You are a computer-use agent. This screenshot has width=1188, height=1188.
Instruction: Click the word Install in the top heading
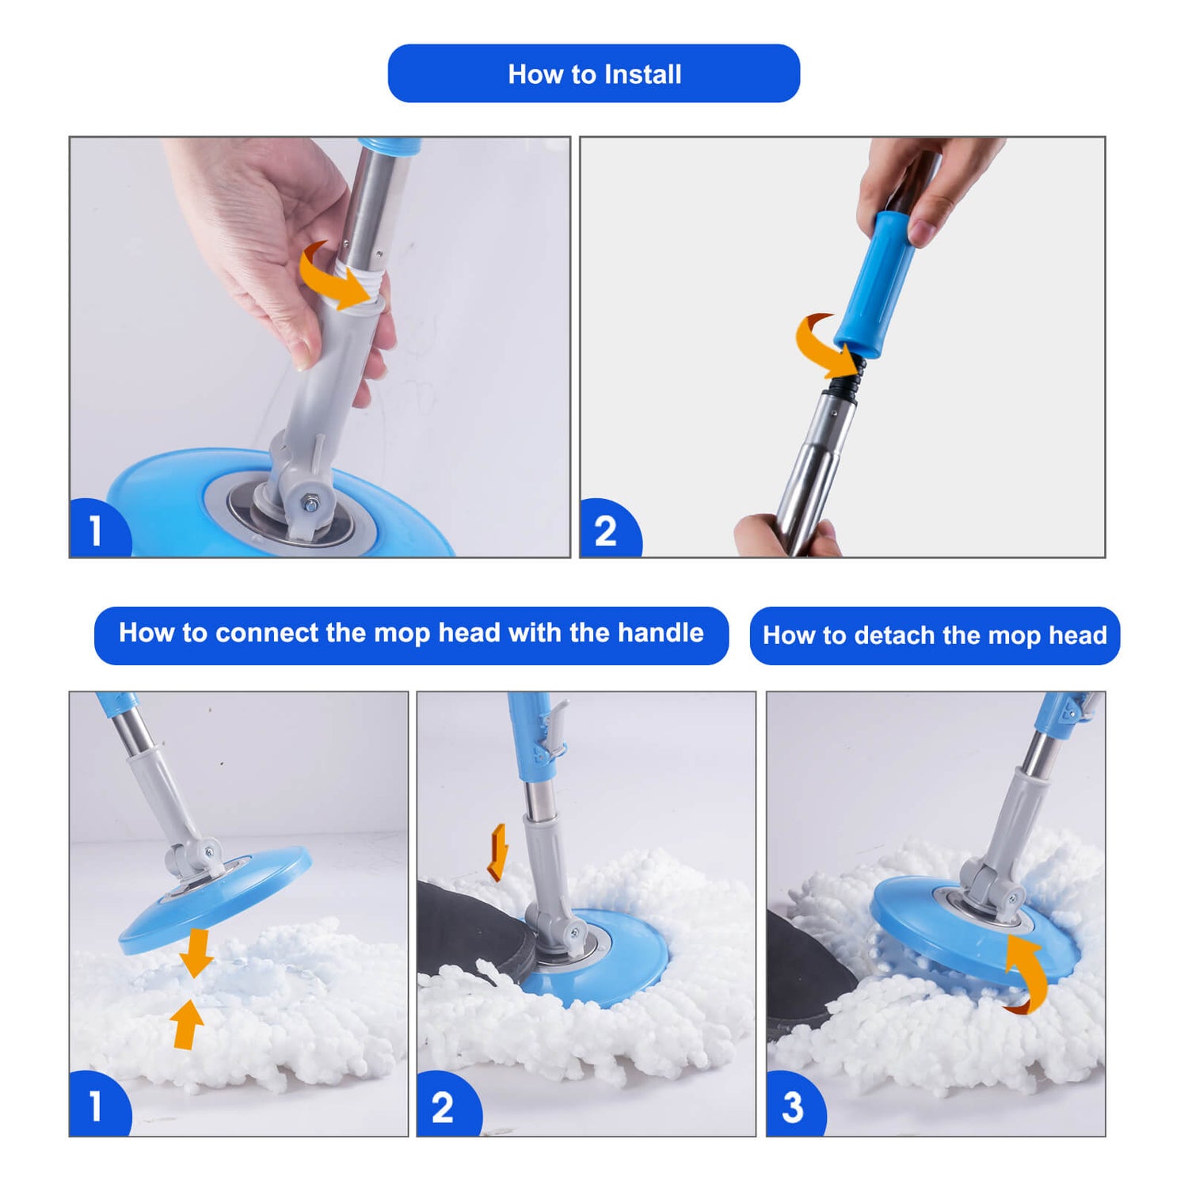pos(642,74)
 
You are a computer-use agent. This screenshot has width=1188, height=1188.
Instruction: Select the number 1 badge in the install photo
pos(98,529)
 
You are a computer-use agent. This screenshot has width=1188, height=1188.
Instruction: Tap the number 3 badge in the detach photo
pos(794,1105)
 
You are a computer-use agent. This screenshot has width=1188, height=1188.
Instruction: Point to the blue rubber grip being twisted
pos(876,284)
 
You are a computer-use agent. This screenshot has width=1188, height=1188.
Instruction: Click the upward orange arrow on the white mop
pos(187,1023)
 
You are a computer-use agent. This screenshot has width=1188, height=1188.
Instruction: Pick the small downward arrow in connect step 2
pos(497,853)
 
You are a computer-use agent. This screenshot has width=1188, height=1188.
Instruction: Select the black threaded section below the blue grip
pos(846,377)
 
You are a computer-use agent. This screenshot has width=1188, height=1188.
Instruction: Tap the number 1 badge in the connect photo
pos(98,1105)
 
